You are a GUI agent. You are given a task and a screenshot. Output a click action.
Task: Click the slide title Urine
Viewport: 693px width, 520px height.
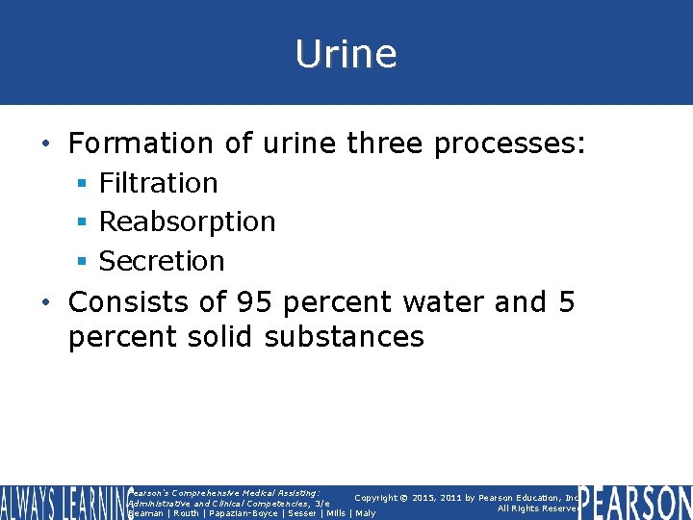[346, 54]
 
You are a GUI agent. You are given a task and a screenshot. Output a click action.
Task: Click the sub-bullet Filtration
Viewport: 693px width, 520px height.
[159, 183]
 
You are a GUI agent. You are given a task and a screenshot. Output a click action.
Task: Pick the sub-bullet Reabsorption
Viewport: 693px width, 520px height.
[188, 221]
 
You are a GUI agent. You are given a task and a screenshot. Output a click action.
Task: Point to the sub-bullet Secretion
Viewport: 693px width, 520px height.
[162, 261]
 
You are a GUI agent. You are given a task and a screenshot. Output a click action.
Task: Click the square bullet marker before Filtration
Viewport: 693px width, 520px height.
[85, 184]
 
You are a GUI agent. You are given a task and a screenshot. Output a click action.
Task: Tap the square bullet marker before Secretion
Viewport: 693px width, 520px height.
[85, 262]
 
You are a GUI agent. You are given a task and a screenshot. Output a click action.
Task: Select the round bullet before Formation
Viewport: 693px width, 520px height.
[48, 144]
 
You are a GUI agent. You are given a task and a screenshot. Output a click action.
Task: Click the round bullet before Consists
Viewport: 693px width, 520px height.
[48, 303]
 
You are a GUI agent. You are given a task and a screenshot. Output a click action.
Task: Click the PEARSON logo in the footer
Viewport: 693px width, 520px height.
[635, 503]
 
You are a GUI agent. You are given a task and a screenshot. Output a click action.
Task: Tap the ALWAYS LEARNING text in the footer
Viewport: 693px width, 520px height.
[64, 503]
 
